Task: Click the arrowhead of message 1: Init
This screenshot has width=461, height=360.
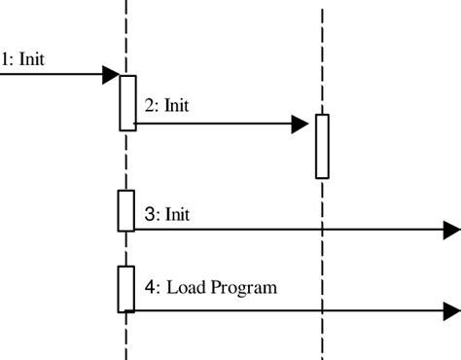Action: click(110, 74)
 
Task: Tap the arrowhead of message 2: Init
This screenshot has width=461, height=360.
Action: click(300, 124)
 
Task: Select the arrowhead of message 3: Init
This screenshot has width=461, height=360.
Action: click(451, 231)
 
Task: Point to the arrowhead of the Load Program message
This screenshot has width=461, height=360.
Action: click(451, 310)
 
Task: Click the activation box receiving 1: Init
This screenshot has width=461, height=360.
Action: click(127, 102)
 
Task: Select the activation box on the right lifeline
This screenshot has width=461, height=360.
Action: click(322, 146)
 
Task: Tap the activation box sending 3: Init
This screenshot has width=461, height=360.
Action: click(126, 210)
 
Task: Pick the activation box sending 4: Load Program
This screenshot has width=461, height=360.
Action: click(126, 288)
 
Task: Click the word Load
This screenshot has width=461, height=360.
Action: click(184, 288)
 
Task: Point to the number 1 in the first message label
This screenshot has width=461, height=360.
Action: click(5, 58)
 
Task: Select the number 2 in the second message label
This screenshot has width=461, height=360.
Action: click(149, 105)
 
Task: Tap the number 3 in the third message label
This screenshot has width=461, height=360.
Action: click(149, 212)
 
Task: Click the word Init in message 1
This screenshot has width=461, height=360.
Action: click(32, 58)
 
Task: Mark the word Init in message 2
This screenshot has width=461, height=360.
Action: click(176, 105)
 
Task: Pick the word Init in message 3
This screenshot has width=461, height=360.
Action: click(176, 212)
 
